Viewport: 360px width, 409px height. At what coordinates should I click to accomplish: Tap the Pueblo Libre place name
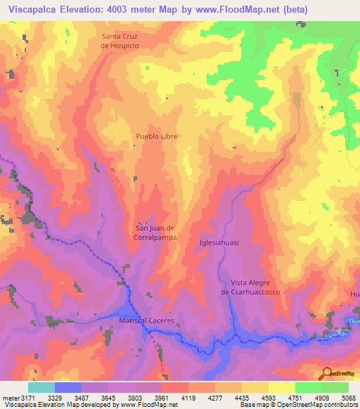[x=156, y=136]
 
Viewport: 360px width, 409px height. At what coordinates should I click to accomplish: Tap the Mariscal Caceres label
[x=146, y=320]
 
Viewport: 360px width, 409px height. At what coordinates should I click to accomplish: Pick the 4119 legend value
[x=186, y=397]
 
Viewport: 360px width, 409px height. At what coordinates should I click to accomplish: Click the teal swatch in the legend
[x=41, y=387]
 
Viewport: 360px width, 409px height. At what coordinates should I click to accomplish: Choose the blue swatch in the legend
[x=68, y=387]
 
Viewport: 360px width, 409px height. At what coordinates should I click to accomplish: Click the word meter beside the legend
[x=8, y=397]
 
